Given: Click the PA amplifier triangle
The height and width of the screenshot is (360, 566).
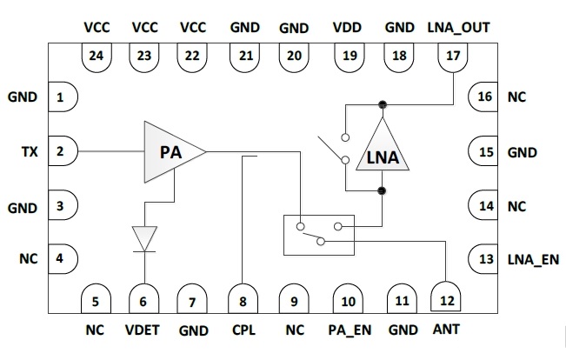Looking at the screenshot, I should [170, 152].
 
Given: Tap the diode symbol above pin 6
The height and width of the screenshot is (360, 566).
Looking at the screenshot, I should [145, 237].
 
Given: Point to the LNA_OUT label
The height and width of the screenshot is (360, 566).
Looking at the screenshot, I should [459, 27].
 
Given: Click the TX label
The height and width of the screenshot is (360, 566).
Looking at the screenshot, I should [29, 152].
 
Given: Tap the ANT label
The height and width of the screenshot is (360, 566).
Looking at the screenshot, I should [447, 330].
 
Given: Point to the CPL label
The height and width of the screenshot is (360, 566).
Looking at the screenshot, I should [244, 330].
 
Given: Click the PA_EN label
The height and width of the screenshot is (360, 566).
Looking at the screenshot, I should [349, 330].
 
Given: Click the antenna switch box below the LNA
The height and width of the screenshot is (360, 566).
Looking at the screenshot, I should [319, 235].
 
